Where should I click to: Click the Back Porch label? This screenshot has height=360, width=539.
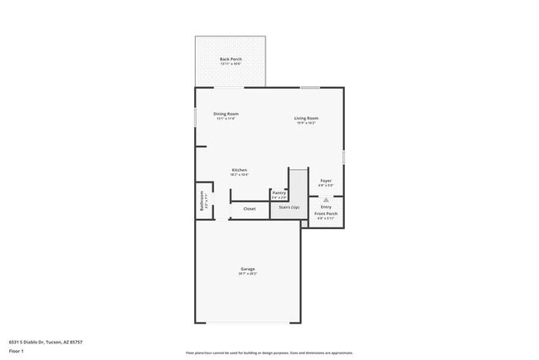pos(230,59)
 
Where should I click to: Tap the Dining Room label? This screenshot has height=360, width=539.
pos(226,114)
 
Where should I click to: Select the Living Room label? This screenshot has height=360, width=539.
pos(306,118)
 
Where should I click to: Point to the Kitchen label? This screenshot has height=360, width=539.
pos(239,170)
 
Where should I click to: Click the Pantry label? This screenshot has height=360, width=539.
pos(279,192)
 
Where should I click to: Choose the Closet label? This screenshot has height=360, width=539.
pos(250,208)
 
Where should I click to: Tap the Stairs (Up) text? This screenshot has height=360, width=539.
pos(289,207)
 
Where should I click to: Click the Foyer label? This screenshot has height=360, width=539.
pos(326,180)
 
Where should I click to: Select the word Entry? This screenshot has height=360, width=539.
pos(326,207)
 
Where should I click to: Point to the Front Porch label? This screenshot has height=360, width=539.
pos(326,214)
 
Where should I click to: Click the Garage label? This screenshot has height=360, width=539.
pos(247,269)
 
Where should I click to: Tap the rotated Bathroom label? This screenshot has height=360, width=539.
pos(202,203)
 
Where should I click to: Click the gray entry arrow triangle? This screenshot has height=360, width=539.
pos(326,200)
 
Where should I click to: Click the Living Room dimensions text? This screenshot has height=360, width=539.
pos(306,123)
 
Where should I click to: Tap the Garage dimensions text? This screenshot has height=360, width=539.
pos(247,274)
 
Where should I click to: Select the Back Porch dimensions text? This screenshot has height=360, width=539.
pos(230,64)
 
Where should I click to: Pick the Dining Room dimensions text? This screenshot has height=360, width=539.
pos(226,119)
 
